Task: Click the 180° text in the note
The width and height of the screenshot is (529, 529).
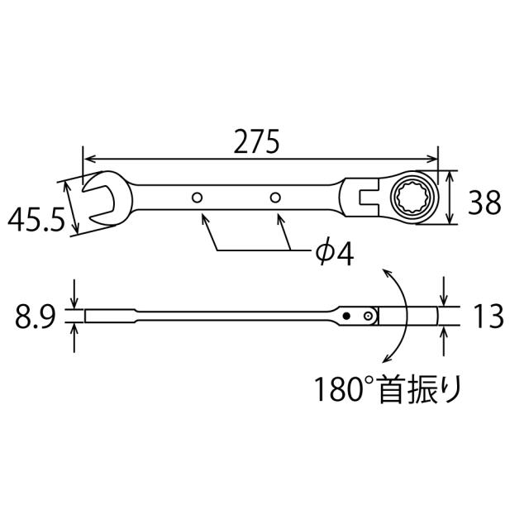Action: (x=343, y=387)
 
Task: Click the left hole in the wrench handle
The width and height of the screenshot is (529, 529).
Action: (x=197, y=198)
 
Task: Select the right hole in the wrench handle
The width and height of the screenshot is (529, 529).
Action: (x=277, y=198)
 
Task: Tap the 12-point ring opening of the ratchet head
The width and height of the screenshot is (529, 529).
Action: (x=410, y=197)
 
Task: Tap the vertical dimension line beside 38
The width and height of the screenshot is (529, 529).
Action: (x=450, y=198)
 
